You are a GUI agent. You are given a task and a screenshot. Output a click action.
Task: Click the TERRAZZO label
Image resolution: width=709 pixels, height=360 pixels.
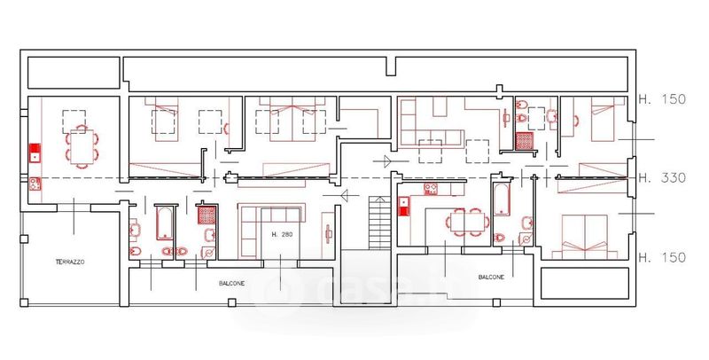pyautogui.click(x=70, y=262)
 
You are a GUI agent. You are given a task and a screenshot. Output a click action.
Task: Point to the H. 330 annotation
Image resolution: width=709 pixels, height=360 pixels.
pyautogui.click(x=662, y=177)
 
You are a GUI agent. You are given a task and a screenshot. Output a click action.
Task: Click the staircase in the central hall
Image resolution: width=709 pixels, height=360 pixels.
pyautogui.click(x=379, y=223)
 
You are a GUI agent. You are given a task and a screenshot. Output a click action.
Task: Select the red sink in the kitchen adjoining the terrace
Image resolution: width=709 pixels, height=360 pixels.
pyautogui.click(x=35, y=153)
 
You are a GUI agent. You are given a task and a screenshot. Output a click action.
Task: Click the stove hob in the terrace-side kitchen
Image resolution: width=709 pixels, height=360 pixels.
pyautogui.click(x=35, y=184)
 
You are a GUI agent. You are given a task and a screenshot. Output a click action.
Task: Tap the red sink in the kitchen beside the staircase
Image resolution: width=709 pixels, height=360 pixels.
pyautogui.click(x=404, y=206)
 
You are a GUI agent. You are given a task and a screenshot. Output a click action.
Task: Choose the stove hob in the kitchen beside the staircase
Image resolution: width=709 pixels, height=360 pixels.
pyautogui.click(x=431, y=189)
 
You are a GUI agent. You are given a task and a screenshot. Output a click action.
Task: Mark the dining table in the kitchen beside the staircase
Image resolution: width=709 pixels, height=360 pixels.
pyautogui.click(x=468, y=222)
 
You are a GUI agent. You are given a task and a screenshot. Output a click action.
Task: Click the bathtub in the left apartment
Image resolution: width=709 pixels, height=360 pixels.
pyautogui.click(x=164, y=223)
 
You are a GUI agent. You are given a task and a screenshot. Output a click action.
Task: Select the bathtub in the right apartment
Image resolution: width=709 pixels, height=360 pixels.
pyautogui.click(x=502, y=200)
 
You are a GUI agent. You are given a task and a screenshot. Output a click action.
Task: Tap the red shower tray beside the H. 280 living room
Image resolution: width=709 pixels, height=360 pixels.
pyautogui.click(x=206, y=215)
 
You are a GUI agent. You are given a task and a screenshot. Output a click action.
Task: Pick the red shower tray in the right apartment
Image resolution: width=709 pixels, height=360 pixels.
pyautogui.click(x=525, y=141)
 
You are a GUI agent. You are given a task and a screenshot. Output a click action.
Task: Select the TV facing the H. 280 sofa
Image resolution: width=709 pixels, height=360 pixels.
pyautogui.click(x=328, y=234)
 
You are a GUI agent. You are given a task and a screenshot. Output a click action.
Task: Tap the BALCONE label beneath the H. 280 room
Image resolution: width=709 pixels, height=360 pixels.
pyautogui.click(x=231, y=284)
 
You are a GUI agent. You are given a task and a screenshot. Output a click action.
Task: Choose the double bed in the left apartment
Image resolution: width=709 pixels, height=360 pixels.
pyautogui.click(x=292, y=119)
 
